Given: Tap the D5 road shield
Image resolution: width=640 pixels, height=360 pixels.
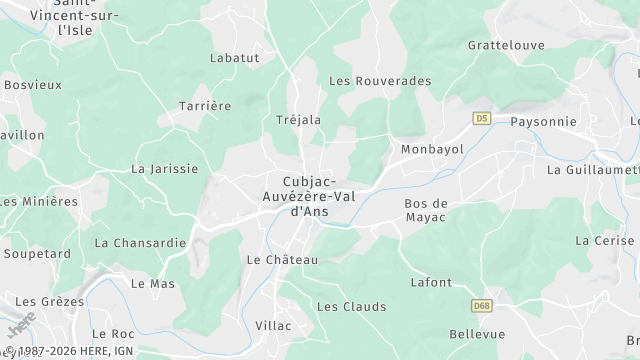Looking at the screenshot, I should click(x=482, y=118).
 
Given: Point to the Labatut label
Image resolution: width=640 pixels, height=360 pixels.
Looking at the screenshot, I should click(x=234, y=58).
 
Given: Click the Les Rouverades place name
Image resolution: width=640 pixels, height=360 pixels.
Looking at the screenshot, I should click(x=380, y=81).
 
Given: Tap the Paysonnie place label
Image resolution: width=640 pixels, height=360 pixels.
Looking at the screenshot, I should click(x=543, y=121).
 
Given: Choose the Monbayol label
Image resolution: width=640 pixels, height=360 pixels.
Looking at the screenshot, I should click(x=432, y=148).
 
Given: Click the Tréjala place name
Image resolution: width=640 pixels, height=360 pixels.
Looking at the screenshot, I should click(x=298, y=120).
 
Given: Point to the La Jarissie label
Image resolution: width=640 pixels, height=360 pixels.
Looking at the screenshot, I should click(x=164, y=169).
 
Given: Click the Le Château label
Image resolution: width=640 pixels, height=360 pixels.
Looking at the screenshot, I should click(x=281, y=260).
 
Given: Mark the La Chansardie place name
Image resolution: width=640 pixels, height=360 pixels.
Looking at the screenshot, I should click(x=139, y=242).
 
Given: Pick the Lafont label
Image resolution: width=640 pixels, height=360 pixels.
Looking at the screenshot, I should click(x=431, y=283).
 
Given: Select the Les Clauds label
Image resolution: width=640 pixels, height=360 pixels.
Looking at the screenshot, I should click(x=350, y=306).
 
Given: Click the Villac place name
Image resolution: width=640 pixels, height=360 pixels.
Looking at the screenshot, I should click(x=273, y=326).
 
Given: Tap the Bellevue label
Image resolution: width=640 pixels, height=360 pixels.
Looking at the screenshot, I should click(x=477, y=333).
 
